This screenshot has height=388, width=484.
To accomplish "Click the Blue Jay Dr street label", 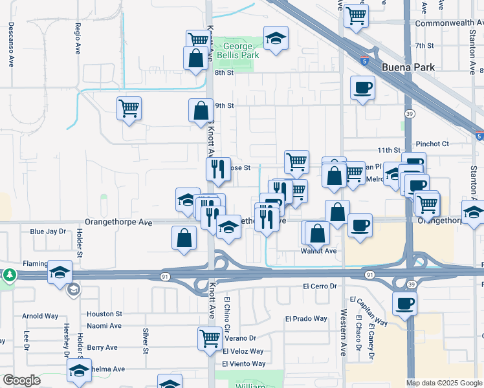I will coord(48,231).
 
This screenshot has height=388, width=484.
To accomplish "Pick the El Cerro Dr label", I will coord(320,286).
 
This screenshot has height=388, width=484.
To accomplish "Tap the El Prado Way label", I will coord(307,319).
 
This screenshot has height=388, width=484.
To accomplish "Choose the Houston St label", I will coord(105,314).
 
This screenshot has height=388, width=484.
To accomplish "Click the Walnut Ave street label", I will coord(318,251).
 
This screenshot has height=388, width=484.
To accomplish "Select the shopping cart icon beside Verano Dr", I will coord(210,337).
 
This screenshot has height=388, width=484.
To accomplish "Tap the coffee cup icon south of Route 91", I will coord(405,303).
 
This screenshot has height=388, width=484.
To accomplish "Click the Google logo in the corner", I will coord(21,380).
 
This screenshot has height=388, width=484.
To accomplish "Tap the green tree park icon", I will coord(10,275).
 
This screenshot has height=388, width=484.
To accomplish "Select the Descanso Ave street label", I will coord(11,45).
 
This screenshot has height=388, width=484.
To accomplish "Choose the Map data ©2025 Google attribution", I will coord(443,383).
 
